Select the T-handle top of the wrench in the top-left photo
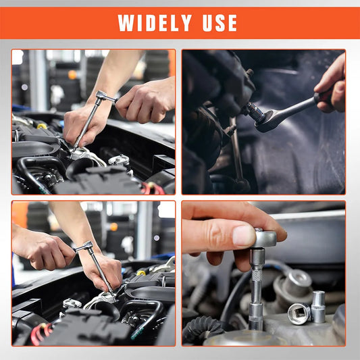click(x=105, y=97)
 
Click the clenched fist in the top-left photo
click(x=145, y=101)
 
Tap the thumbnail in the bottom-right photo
click(x=243, y=235)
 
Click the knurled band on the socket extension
click(x=257, y=276)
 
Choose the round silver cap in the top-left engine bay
click(x=120, y=160)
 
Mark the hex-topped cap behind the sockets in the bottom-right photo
click(x=298, y=281)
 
